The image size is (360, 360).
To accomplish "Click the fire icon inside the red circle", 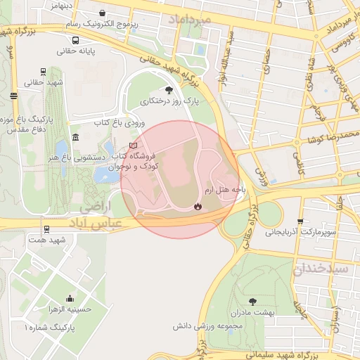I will tap(198, 206).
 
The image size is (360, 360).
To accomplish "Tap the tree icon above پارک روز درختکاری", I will tap(168, 90).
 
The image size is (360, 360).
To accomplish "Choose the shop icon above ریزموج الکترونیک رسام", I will tap(103, 13).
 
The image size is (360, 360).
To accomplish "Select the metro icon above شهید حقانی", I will tap(44, 72).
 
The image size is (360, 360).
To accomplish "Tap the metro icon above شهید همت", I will tap(46, 229).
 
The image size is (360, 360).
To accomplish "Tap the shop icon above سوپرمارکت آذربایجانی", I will tap(301, 221).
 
